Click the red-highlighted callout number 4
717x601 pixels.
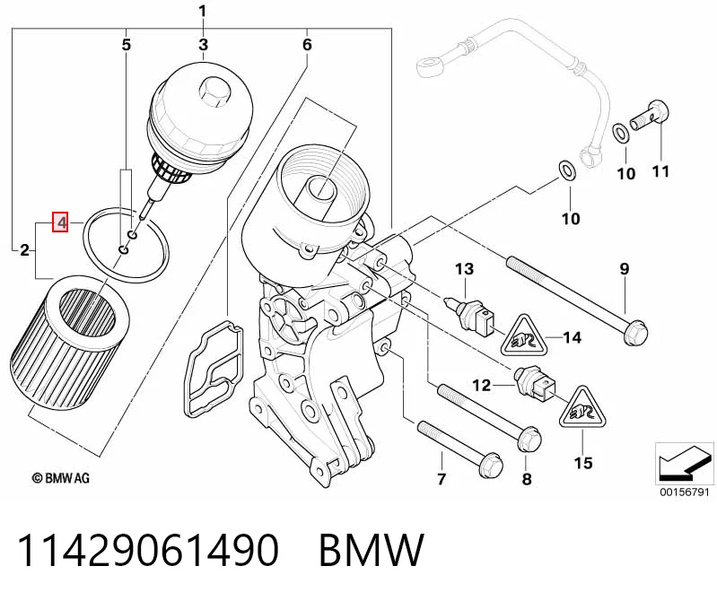pos(60,222)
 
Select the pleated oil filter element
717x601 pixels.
pos(70,341)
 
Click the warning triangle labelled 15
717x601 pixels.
pos(582,408)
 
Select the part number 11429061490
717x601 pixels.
pos(148,550)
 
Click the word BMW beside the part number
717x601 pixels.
pos(372,550)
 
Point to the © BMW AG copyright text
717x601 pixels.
pos(61,478)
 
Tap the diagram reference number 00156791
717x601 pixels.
pos(684,492)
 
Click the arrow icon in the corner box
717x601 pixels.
pos(684,464)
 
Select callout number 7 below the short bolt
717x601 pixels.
pos(442,478)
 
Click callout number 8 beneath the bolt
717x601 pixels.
pos(527,478)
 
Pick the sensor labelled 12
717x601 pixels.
pos(535,384)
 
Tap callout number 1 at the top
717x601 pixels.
pos(203,11)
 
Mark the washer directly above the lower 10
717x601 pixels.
pos(567,170)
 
